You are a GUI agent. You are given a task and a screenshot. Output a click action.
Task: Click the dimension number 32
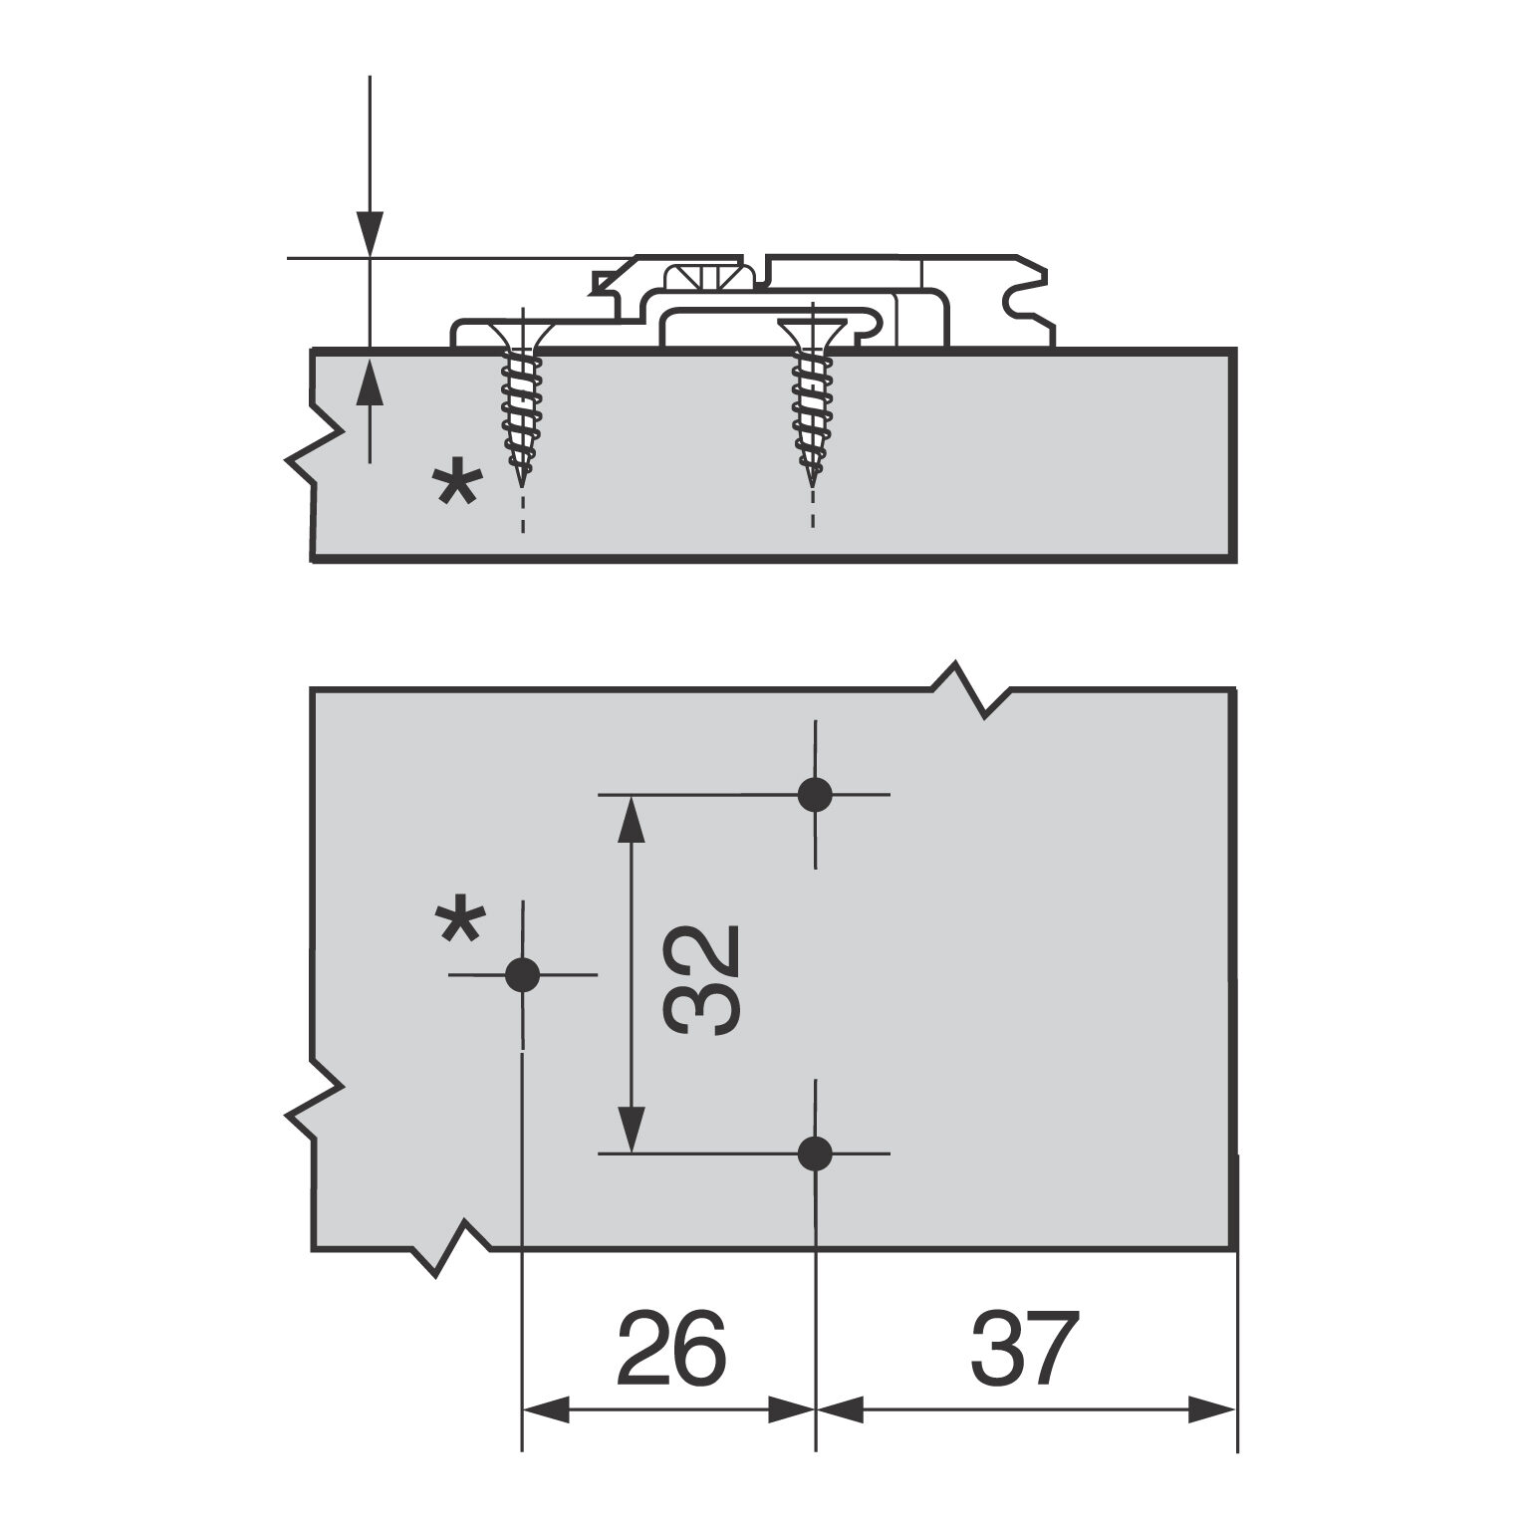tap(702, 979)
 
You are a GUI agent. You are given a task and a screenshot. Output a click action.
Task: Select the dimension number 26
tap(672, 1349)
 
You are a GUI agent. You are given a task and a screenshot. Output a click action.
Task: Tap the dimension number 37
tap(1025, 1349)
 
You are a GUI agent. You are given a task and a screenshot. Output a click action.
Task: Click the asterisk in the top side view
tap(457, 488)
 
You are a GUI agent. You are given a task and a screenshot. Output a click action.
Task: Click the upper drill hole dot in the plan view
tap(815, 795)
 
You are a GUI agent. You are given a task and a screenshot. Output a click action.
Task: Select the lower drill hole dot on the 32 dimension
tap(815, 1153)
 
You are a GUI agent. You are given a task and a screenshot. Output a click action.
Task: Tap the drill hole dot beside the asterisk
tap(522, 974)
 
